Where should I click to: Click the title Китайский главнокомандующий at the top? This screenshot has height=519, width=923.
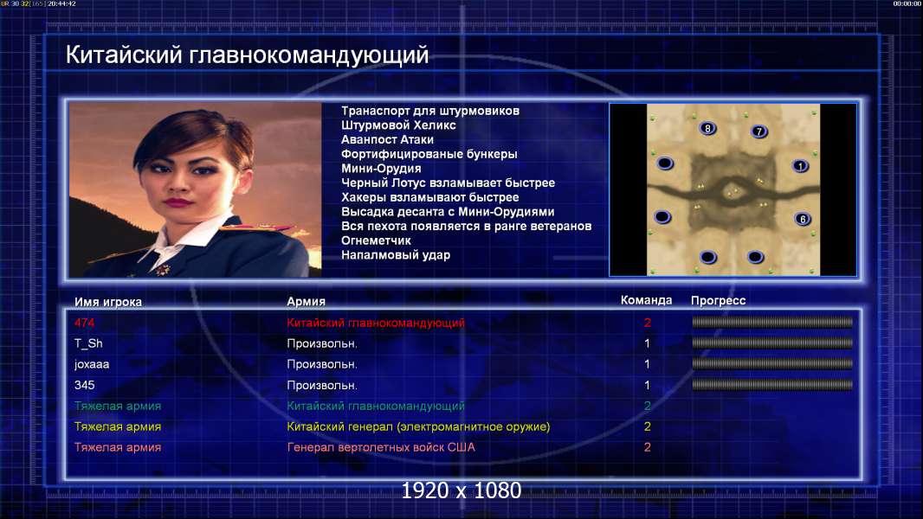pos(248,55)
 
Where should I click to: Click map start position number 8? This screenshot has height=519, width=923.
pos(707,128)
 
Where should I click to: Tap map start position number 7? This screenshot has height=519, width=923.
pos(759,131)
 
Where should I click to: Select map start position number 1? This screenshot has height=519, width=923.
pos(800,166)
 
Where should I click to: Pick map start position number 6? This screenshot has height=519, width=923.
pos(803,219)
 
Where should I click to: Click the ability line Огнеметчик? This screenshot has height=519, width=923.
pos(376,240)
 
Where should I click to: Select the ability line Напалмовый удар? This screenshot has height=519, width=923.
pos(396,255)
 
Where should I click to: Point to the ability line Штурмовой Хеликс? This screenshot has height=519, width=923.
pos(398,125)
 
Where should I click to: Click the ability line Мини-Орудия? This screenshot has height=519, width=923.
pos(382,168)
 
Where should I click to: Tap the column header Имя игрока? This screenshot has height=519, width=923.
pos(107,302)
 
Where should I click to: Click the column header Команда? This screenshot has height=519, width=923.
pos(646,300)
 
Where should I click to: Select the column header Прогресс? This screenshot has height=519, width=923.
pos(718,300)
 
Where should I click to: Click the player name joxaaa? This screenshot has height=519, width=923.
pos(92,364)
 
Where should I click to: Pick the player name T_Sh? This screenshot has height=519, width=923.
pos(88,343)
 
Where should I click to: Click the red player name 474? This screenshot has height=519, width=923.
pos(84,322)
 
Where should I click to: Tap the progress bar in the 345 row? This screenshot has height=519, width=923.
pos(772,385)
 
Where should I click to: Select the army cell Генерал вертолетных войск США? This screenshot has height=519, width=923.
pos(381,447)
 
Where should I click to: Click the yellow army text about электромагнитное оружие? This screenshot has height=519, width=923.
pos(418,426)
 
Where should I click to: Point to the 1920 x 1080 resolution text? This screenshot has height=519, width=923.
pos(461,490)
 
